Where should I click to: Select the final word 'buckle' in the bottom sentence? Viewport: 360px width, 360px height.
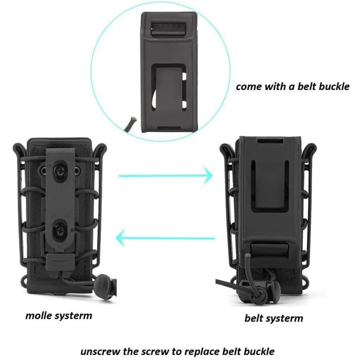pos(261,351)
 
